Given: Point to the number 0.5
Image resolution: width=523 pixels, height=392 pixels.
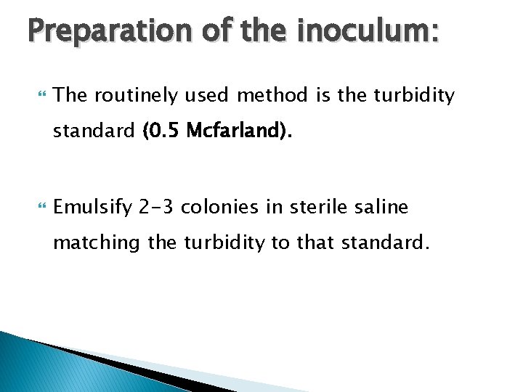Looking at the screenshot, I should tap(163, 131).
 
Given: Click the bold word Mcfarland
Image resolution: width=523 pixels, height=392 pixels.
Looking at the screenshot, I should tap(235, 131).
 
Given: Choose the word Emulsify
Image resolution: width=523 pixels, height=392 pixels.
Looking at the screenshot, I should tap(92, 208).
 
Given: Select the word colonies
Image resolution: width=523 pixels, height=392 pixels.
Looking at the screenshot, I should tap(222, 208).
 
